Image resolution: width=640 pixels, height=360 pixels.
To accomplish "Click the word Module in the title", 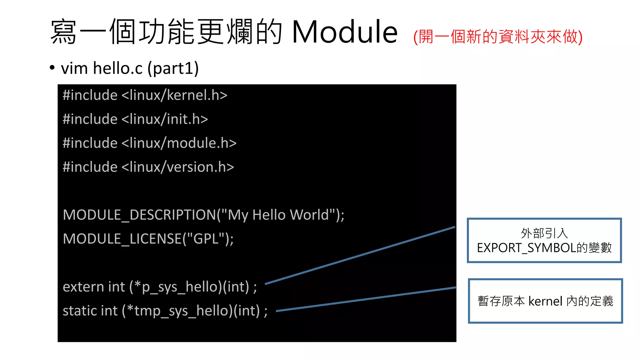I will [344, 32].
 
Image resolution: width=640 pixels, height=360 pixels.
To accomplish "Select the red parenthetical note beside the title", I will [498, 37].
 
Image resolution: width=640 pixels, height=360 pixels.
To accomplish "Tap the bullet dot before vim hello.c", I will [52, 67].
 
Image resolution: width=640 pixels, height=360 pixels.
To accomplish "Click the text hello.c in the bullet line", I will [118, 68].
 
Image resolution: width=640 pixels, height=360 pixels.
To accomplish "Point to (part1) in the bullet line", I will [173, 68].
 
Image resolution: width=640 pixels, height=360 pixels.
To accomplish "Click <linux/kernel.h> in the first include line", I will [174, 95].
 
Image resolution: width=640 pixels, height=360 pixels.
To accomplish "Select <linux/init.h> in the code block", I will [165, 119].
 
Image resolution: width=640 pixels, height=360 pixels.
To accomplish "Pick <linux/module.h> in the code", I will [179, 143].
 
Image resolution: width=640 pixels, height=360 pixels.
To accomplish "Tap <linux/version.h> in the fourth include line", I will [177, 167].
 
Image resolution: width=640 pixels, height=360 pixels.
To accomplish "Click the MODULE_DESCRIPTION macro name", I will [139, 215].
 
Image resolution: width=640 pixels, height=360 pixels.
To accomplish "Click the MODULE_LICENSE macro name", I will [123, 239].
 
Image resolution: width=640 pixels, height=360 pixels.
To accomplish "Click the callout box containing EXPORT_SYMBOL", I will [544, 240].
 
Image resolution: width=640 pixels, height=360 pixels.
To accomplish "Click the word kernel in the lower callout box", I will [545, 301].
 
